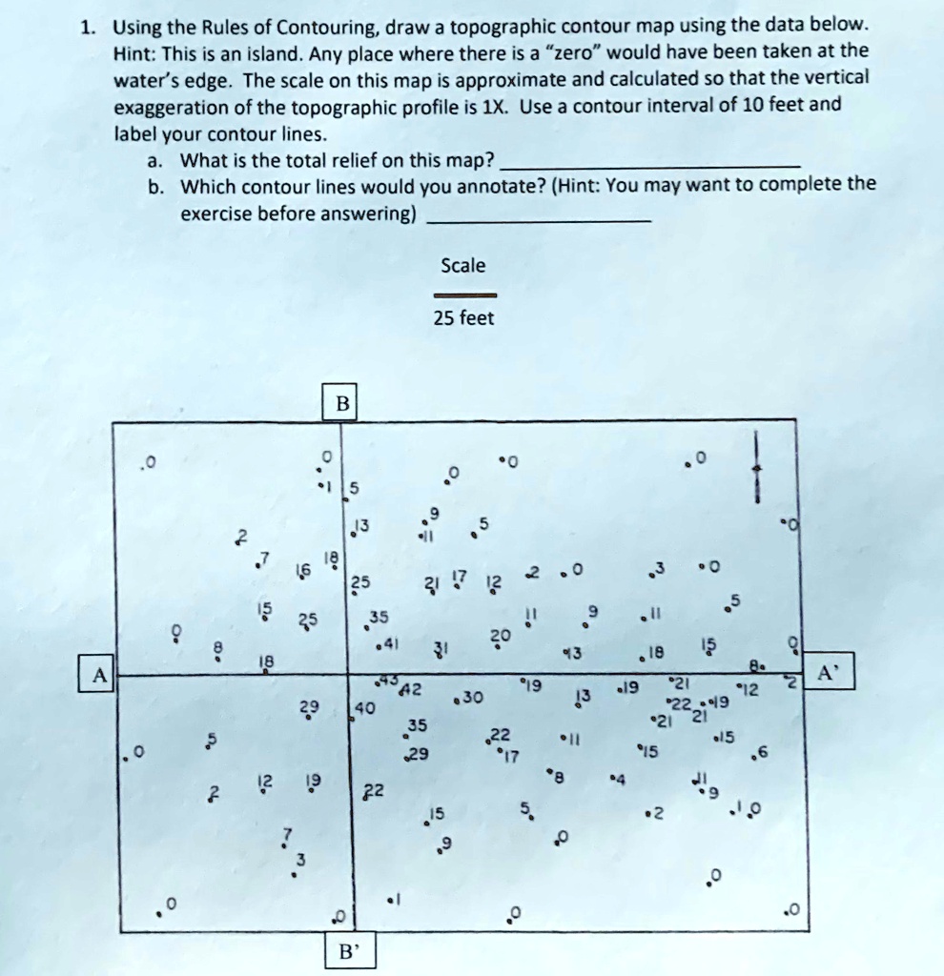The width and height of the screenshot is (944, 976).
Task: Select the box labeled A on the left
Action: click(96, 674)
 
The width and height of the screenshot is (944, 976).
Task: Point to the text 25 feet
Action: click(463, 318)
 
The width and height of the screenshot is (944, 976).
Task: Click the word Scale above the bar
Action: click(463, 265)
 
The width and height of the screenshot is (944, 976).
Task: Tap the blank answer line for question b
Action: click(540, 220)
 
